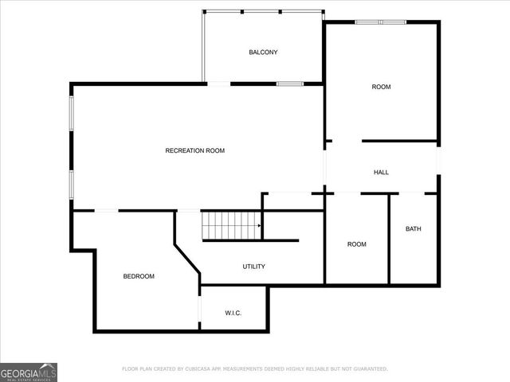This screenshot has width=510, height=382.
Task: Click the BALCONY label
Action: pos(263,53)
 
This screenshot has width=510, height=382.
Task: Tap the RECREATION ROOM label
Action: pos(195,150)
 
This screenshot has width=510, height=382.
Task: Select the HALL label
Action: pos(382,172)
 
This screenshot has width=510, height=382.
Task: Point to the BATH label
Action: pos(414,229)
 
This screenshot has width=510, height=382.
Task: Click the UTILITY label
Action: pos(254,267)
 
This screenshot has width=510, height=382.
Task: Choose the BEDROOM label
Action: pos(139,276)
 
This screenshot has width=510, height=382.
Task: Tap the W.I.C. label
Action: pos(233,313)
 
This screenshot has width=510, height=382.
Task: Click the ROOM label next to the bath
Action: pos(357,244)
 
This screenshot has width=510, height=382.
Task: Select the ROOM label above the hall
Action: pos(382,87)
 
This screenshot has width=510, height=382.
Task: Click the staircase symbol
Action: pos(230,225)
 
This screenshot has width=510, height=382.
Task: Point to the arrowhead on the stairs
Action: pos(259,226)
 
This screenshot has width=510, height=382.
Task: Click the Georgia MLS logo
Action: pos(29,372)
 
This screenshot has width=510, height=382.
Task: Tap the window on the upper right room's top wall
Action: pos(381,22)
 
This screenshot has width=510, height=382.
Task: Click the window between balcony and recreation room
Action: pos(289,83)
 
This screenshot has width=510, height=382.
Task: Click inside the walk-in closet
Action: pos(233,302)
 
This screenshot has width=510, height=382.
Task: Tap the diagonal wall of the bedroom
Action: pos(188,260)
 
